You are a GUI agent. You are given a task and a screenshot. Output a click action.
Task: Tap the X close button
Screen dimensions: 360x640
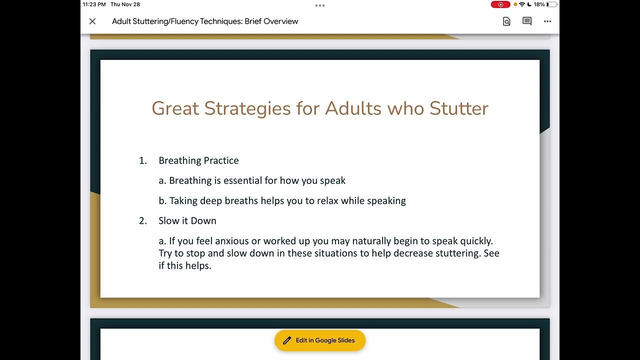[x=92, y=21]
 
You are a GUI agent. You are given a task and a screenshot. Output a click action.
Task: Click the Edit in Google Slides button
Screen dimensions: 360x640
[x=320, y=340]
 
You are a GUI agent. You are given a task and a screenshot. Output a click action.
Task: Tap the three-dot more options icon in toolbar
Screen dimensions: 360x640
[x=547, y=21]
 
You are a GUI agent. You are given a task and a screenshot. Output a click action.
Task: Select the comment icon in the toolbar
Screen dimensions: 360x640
[x=527, y=21]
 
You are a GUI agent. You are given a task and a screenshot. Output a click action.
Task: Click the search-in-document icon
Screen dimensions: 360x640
[x=506, y=21]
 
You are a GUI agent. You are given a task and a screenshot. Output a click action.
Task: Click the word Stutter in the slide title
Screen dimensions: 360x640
[x=459, y=108]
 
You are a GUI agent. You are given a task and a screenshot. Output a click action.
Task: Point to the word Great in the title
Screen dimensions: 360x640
[x=175, y=108]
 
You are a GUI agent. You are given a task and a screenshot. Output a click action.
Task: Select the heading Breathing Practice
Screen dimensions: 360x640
[x=198, y=160]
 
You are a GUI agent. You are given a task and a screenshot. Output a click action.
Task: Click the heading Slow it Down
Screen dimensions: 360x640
[x=187, y=220]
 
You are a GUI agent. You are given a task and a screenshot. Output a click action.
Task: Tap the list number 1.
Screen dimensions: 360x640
[x=142, y=160]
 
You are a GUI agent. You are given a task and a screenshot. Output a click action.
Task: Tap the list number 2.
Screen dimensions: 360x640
[x=142, y=220]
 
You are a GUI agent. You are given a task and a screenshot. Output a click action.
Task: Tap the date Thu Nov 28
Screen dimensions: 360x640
[x=125, y=4]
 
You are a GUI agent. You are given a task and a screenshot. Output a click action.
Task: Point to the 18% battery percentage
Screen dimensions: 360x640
[x=539, y=4]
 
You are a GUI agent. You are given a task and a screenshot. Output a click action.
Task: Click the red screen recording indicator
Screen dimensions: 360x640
[x=500, y=4]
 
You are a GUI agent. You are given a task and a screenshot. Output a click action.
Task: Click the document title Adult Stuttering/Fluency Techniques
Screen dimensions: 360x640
[x=205, y=21]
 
